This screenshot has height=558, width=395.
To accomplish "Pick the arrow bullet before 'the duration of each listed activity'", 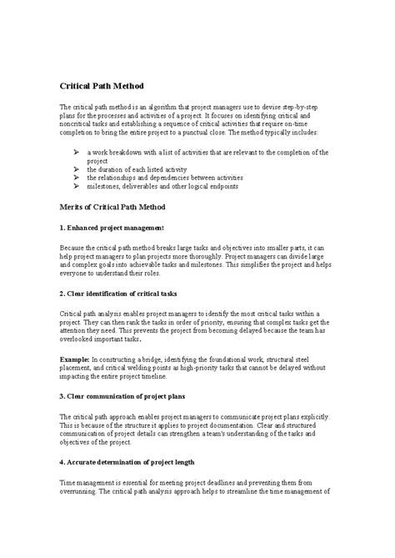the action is click(x=76, y=169).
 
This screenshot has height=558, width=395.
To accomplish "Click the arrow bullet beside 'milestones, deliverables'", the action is click(x=76, y=186).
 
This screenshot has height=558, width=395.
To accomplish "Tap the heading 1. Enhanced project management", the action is click(x=112, y=228).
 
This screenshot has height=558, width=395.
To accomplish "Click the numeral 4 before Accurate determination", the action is click(x=62, y=460).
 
